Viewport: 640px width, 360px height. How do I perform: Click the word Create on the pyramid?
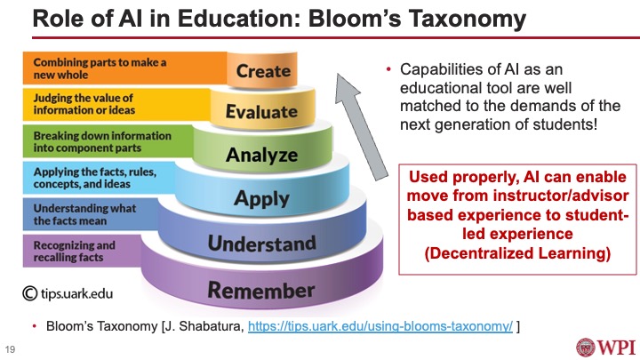[x=264, y=70]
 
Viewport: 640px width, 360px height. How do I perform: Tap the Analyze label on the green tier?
[x=261, y=155]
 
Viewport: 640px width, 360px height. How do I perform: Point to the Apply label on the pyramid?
[x=261, y=198]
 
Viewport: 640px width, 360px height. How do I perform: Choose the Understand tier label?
[x=261, y=243]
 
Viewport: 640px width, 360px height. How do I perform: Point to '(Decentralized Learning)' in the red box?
[x=505, y=254]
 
